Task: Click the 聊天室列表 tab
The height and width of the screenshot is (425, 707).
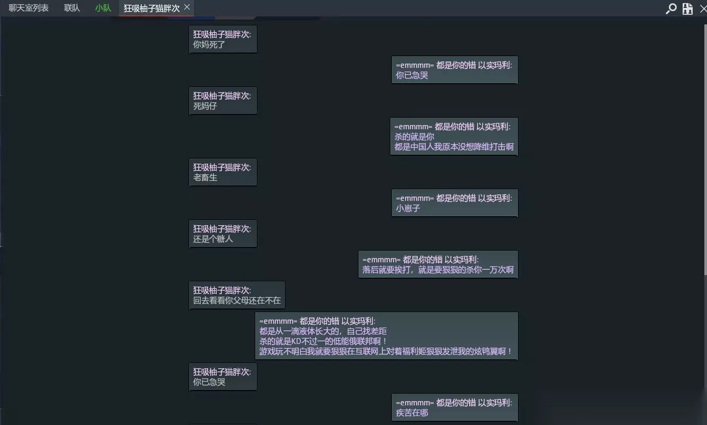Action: point(29,8)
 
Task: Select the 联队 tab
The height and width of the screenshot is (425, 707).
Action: point(72,8)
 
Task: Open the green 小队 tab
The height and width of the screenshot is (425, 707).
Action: point(103,8)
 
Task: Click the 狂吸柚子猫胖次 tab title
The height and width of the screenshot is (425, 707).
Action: point(151,8)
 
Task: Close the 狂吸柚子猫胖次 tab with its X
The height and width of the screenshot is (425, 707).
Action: point(187,7)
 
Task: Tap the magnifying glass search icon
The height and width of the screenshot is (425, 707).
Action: point(671,8)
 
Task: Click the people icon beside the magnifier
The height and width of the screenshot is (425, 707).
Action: point(687,8)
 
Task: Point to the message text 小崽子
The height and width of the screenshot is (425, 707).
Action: point(408,208)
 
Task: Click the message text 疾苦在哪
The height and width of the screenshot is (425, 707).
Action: point(412,413)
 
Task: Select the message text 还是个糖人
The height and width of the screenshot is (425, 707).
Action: point(213,238)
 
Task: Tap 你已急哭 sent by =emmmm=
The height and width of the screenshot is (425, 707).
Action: point(412,75)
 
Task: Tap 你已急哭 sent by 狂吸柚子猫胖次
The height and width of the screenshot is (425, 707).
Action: point(209,382)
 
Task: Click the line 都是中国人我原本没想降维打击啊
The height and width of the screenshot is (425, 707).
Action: point(454,147)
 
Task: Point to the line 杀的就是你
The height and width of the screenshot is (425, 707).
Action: point(414,137)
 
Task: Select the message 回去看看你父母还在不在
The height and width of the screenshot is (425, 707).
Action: point(237,300)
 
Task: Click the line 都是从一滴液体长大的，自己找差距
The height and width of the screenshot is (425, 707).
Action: point(323,331)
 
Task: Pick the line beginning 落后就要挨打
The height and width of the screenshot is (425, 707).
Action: point(438,270)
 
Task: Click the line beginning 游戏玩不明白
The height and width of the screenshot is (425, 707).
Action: point(386,351)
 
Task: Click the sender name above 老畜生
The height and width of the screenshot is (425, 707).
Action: point(222,167)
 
